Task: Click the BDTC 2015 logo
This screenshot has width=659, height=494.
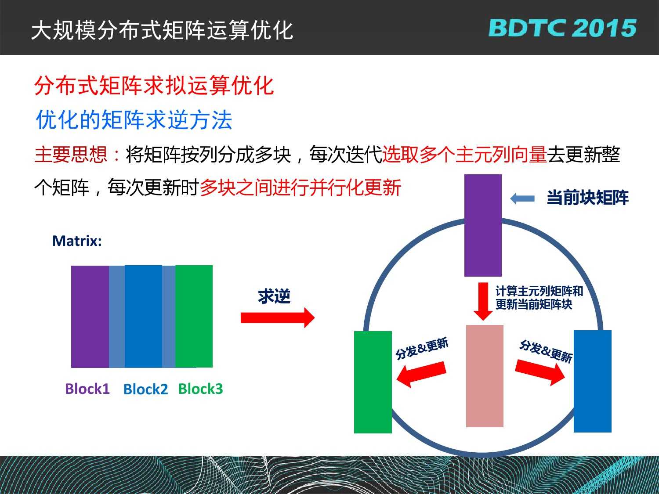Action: [562, 28]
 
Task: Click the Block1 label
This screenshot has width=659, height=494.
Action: [87, 389]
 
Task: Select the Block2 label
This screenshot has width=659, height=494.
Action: [145, 389]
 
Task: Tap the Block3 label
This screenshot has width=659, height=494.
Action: [200, 389]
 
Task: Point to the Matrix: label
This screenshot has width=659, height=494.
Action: [77, 241]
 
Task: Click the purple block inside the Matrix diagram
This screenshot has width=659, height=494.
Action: [90, 317]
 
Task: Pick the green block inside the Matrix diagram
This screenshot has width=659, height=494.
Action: [194, 317]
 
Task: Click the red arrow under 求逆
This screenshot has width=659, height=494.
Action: [278, 317]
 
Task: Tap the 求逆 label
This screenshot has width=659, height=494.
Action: [275, 296]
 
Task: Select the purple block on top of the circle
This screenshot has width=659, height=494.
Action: [483, 225]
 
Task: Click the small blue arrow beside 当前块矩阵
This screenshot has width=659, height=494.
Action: [522, 198]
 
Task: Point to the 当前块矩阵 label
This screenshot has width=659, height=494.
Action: [587, 198]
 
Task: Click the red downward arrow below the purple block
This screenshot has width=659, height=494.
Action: [483, 301]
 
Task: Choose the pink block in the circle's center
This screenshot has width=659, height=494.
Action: [485, 376]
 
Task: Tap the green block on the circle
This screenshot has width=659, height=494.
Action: [373, 382]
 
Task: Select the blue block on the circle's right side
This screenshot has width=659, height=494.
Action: [593, 381]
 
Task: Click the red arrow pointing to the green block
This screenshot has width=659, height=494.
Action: [421, 374]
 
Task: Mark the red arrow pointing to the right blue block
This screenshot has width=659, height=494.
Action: [540, 372]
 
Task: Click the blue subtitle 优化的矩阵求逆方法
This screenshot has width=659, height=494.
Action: [134, 120]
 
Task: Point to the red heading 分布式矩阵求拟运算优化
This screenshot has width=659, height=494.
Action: [154, 86]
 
